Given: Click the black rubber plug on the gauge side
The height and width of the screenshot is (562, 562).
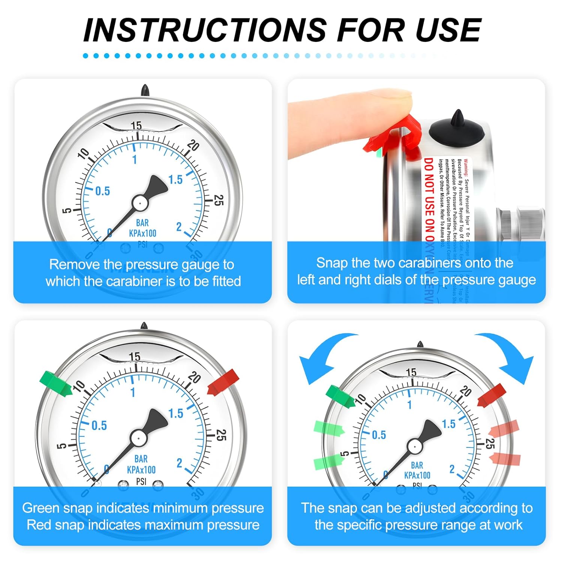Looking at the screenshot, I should pyautogui.click(x=457, y=127).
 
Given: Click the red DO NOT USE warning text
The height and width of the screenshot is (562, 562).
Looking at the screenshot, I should pyautogui.click(x=429, y=202).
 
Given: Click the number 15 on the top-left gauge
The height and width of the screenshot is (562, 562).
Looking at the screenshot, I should pyautogui.click(x=136, y=126).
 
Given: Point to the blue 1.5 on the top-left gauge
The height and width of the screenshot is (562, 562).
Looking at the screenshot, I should pyautogui.click(x=175, y=180).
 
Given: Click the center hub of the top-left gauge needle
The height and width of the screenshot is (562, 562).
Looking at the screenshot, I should pyautogui.click(x=140, y=203).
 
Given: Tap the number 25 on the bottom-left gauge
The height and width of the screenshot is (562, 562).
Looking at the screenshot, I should pyautogui.click(x=221, y=435).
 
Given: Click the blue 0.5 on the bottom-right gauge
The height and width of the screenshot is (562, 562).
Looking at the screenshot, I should pyautogui.click(x=378, y=435).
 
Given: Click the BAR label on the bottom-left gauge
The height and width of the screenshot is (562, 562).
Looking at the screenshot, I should pyautogui.click(x=141, y=459).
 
